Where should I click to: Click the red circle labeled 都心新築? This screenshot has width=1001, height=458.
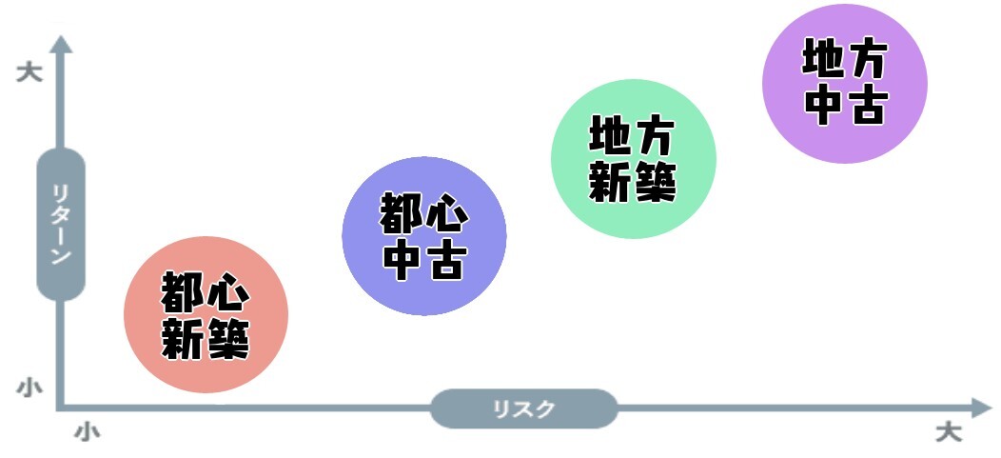click(x=206, y=315)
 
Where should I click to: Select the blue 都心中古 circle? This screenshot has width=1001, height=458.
click(x=423, y=235)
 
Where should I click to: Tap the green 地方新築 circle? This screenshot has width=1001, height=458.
click(x=633, y=158)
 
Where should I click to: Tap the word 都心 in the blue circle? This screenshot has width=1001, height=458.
click(x=423, y=213)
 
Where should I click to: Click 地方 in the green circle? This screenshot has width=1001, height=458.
click(x=633, y=136)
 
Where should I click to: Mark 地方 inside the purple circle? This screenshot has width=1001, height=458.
click(x=845, y=61)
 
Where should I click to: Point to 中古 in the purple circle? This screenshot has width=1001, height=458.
click(x=845, y=106)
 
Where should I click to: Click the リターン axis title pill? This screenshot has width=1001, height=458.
click(x=61, y=225)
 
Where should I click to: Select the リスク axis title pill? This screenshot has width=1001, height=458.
click(x=523, y=409)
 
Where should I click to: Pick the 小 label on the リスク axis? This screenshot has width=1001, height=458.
click(x=87, y=433)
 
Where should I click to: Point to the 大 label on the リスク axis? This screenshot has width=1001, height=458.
click(x=948, y=433)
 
